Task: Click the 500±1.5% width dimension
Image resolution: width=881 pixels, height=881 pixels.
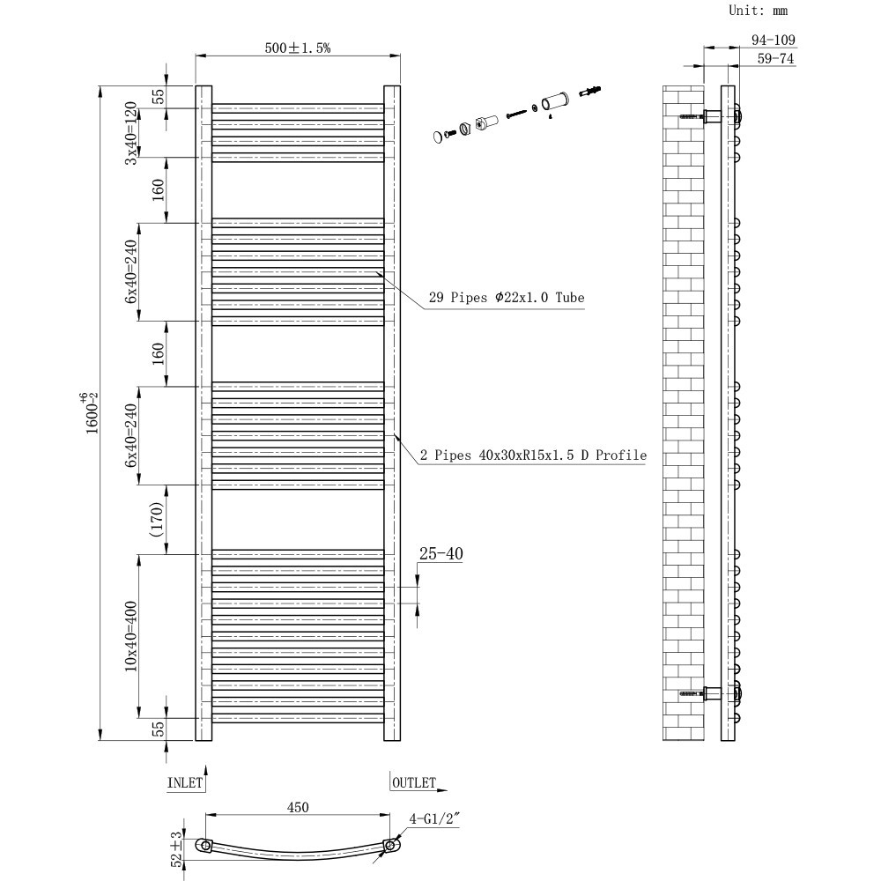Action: [298, 48]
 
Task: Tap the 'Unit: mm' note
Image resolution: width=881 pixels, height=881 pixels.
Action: [758, 11]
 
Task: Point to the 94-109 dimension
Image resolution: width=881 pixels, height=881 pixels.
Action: [774, 40]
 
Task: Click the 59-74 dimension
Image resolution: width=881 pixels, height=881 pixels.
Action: [775, 59]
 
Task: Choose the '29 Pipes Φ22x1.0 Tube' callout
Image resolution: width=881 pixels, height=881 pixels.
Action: [507, 298]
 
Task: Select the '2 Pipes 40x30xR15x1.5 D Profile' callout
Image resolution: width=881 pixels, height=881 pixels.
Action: [533, 455]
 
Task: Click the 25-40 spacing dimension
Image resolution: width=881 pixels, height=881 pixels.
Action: [440, 554]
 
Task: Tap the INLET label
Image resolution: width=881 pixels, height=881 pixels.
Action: [185, 781]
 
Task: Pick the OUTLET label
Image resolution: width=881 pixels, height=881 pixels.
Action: [414, 781]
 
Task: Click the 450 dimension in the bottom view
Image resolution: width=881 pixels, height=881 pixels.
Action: [298, 807]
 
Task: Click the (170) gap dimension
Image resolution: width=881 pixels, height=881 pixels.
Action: [157, 520]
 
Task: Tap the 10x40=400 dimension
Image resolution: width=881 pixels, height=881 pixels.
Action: [131, 636]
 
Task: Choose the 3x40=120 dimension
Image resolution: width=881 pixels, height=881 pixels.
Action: [131, 133]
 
